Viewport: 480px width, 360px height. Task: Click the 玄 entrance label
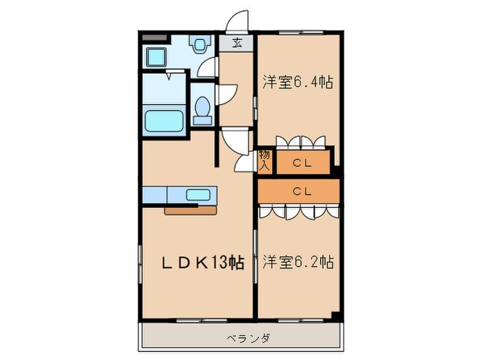pyautogui.click(x=237, y=43)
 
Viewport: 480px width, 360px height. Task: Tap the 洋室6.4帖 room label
pyautogui.click(x=298, y=82)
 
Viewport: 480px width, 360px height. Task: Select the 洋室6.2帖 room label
pyautogui.click(x=298, y=262)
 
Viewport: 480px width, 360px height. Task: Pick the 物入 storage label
pyautogui.click(x=265, y=160)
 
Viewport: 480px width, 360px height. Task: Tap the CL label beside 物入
pyautogui.click(x=302, y=163)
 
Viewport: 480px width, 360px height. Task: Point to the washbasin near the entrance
pyautogui.click(x=200, y=45)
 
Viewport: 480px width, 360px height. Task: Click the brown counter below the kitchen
pyautogui.click(x=189, y=210)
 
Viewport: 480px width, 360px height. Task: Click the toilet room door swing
pyautogui.click(x=228, y=94)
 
